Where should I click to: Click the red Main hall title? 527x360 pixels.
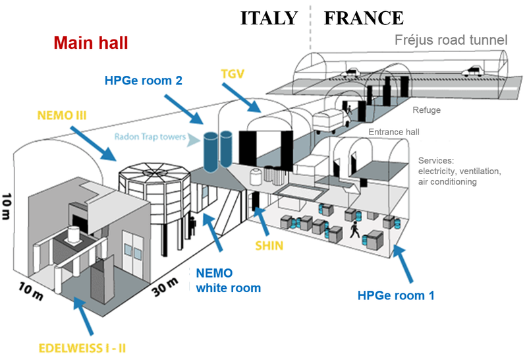pos(91,43)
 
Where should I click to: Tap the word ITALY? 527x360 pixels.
pos(269,18)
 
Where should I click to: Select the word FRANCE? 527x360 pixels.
pos(364,18)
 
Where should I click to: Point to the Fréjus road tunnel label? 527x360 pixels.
pos(451,40)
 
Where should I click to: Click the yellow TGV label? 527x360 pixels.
pos(233,74)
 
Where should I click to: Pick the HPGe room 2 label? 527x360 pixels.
pos(144,80)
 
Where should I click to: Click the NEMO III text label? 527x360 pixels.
pos(62,115)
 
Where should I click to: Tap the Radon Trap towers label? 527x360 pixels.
pos(150,136)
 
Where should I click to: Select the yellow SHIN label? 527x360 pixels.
pos(269,246)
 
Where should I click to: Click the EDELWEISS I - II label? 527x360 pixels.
pos(82,348)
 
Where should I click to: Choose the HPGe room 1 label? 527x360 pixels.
pos(396,295)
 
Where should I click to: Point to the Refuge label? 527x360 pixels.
pos(426,110)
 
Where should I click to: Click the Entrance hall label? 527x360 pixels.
pos(394,132)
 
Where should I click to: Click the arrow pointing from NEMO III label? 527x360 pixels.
pos(93,143)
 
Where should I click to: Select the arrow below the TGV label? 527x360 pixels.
pos(241,98)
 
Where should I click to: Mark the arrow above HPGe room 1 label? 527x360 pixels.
pos(402,264)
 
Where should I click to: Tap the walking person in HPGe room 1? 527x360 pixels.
pos(354,230)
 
